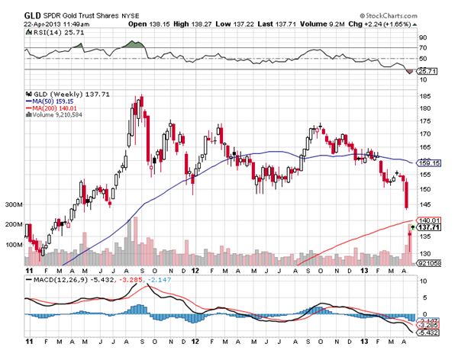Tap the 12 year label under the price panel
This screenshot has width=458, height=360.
(195, 270)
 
